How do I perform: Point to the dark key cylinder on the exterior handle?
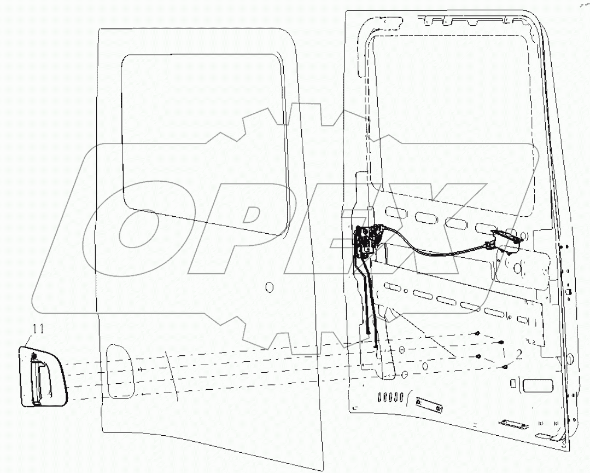[34, 356]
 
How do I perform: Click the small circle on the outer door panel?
[268, 286]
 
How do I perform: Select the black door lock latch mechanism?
[364, 241]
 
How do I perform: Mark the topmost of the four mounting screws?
[478, 333]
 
